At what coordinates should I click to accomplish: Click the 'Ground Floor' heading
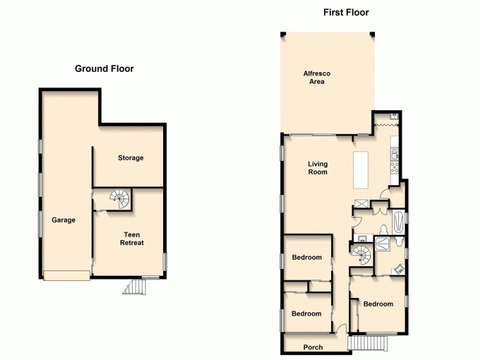(x=104, y=68)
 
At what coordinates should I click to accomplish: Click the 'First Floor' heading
(x=346, y=12)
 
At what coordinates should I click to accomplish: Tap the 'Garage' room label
(x=63, y=220)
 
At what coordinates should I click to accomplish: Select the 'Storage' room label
(x=130, y=158)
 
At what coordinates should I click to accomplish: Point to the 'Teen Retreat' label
(x=132, y=239)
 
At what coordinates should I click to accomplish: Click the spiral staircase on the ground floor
(x=119, y=199)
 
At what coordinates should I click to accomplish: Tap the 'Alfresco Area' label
(x=317, y=77)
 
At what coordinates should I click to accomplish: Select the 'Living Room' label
(x=317, y=168)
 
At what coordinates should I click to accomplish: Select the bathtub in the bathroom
(x=398, y=221)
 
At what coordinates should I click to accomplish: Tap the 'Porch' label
(x=313, y=347)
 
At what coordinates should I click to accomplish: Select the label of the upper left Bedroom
(x=307, y=257)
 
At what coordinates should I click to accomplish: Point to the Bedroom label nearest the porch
(x=306, y=314)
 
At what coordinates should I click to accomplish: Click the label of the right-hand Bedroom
(x=378, y=304)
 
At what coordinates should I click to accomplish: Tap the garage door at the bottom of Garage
(x=66, y=275)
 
